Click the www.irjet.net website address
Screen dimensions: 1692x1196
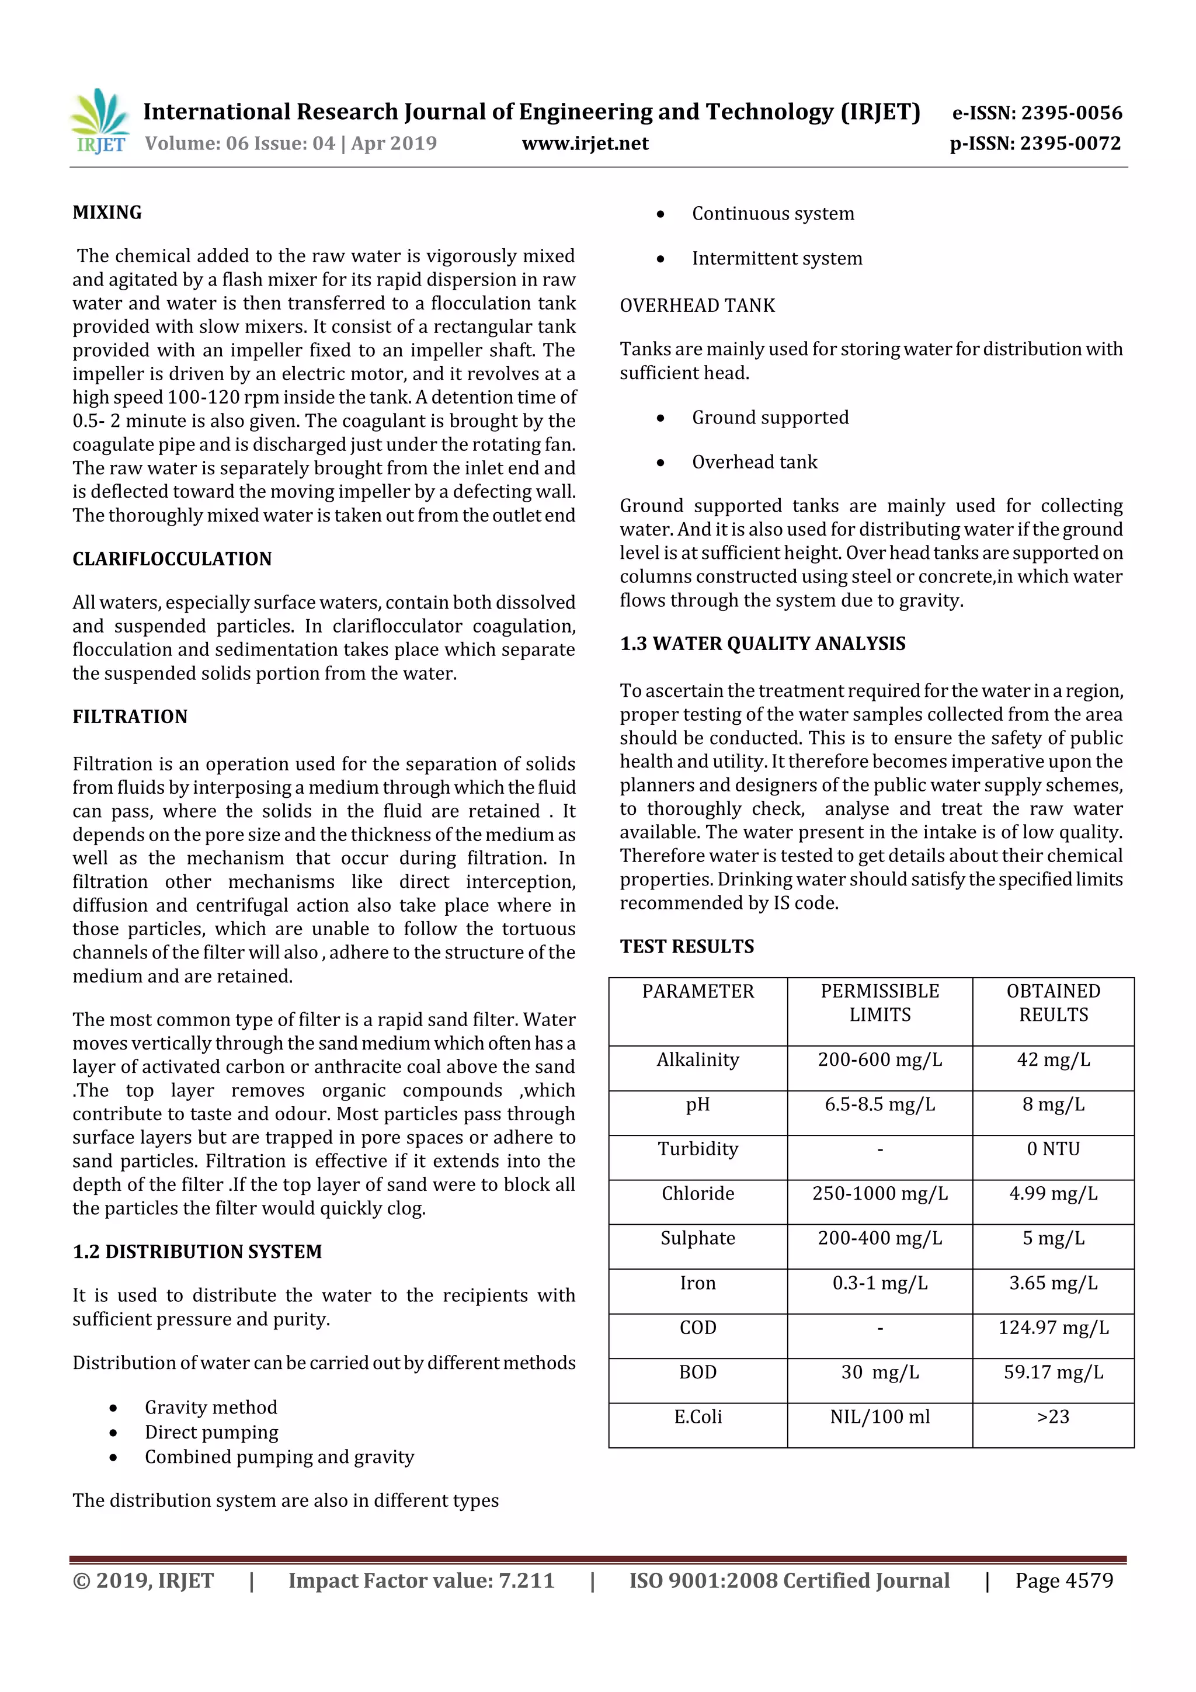pyautogui.click(x=585, y=144)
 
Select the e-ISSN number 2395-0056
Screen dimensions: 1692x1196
pyautogui.click(x=1037, y=113)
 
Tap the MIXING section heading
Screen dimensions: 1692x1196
pyautogui.click(x=107, y=213)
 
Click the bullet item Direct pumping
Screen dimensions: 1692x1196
pyautogui.click(x=211, y=1432)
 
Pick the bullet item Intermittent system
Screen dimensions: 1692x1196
pyautogui.click(x=777, y=259)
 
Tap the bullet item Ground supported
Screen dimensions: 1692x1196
pyautogui.click(x=770, y=418)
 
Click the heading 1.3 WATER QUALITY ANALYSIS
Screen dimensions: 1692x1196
pyautogui.click(x=762, y=644)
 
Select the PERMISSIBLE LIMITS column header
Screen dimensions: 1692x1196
pyautogui.click(x=880, y=1002)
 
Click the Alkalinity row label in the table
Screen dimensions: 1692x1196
pyautogui.click(x=698, y=1059)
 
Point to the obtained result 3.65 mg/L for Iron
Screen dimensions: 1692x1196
pyautogui.click(x=1053, y=1283)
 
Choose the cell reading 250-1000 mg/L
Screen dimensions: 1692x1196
pyautogui.click(x=880, y=1193)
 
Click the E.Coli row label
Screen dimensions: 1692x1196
pyautogui.click(x=698, y=1416)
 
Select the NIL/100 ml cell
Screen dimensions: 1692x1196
pyautogui.click(x=880, y=1416)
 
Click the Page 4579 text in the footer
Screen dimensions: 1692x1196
pyautogui.click(x=1063, y=1580)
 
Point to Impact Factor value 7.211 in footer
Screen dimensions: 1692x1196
pyautogui.click(x=421, y=1580)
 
